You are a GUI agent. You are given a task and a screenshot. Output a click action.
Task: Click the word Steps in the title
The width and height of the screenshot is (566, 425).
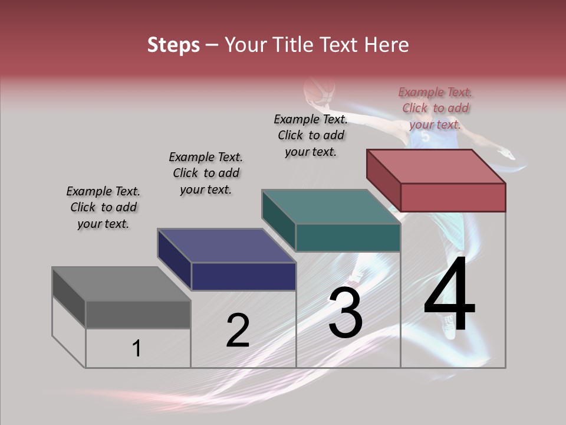click(x=173, y=45)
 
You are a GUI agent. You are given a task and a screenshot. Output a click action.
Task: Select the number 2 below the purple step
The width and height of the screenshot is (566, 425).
click(x=238, y=330)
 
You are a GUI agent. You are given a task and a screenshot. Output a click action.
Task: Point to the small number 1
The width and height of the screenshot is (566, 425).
click(x=136, y=348)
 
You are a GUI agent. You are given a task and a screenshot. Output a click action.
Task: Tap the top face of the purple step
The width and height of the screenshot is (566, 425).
click(x=227, y=246)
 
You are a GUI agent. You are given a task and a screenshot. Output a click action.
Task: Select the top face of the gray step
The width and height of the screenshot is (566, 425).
click(x=121, y=284)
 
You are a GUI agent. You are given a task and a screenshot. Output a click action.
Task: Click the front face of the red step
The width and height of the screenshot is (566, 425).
click(x=453, y=197)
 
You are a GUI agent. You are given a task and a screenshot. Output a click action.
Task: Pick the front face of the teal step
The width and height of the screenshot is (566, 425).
click(x=348, y=237)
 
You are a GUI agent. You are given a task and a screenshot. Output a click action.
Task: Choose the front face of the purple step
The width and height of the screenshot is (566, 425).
click(x=243, y=276)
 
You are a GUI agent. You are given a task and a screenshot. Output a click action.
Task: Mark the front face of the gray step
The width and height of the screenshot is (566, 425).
click(x=138, y=314)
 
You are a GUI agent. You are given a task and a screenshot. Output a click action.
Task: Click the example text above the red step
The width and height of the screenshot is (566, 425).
click(x=435, y=108)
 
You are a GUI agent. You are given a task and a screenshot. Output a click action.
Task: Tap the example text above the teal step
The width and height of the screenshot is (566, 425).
click(x=311, y=135)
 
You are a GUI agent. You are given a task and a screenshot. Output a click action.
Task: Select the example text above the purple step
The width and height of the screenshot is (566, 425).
click(x=206, y=173)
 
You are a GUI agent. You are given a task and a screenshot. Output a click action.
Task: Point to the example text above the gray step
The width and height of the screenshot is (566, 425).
click(x=103, y=207)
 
